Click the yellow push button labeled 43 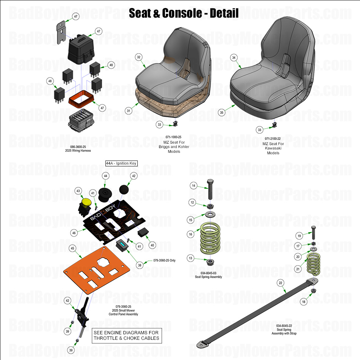pos(87,202)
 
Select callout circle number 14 pos(193,186)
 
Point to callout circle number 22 pos(281,282)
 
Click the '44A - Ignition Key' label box pos(121,163)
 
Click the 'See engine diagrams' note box pos(126,335)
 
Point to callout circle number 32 pos(139,57)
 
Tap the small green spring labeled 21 pos(314,265)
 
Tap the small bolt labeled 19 pos(314,232)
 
